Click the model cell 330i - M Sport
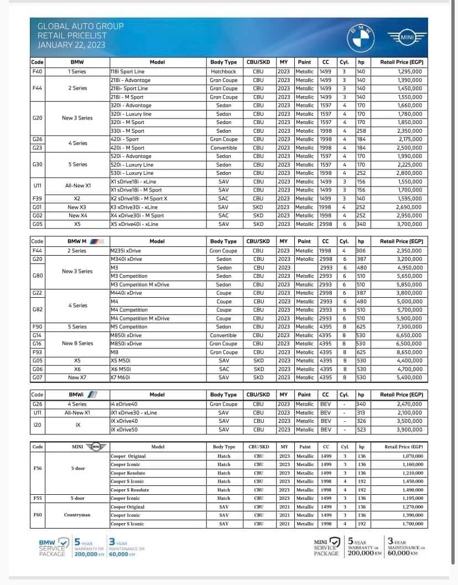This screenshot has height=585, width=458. (x=127, y=131)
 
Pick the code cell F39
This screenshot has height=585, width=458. (x=37, y=198)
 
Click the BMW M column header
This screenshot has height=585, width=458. (x=81, y=241)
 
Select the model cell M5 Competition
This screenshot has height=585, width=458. (x=129, y=327)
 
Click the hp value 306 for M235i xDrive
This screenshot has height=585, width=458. (x=361, y=250)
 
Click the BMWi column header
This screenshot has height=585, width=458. (x=81, y=395)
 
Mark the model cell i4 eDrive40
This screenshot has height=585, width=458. (x=125, y=404)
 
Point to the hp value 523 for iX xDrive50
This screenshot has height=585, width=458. (x=361, y=429)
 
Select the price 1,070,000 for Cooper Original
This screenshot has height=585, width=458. (x=412, y=456)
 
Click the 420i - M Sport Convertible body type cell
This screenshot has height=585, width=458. (x=223, y=148)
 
